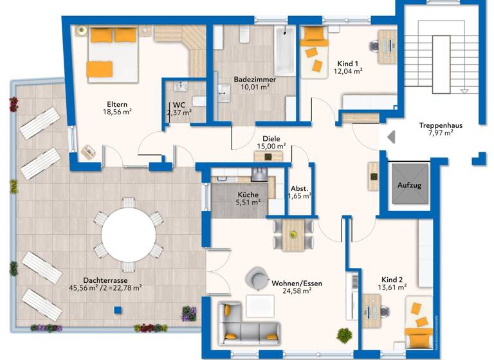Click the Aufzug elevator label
tap(408, 185)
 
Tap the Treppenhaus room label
tap(441, 125)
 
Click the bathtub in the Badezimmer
tap(284, 51)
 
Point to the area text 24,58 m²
tap(297, 291)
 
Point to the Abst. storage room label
tap(300, 188)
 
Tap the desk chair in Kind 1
tap(376, 46)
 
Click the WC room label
tap(178, 105)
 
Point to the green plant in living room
tap(345, 335)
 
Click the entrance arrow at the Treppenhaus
tap(390, 137)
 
